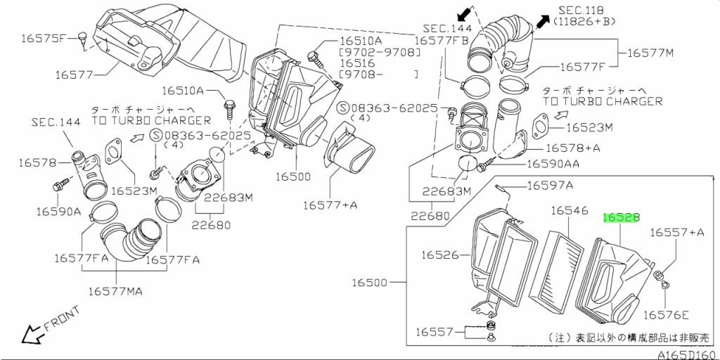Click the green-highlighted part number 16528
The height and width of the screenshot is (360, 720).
click(x=621, y=219)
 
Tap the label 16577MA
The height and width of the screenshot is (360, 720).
click(x=115, y=290)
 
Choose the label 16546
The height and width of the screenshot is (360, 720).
click(x=569, y=210)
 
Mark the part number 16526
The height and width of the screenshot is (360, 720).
click(x=441, y=255)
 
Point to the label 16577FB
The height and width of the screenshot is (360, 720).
click(x=442, y=41)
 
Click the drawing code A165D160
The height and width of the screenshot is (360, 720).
click(x=687, y=354)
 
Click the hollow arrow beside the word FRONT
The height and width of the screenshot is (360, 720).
click(x=30, y=335)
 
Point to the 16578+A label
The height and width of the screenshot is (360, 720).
click(x=573, y=148)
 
